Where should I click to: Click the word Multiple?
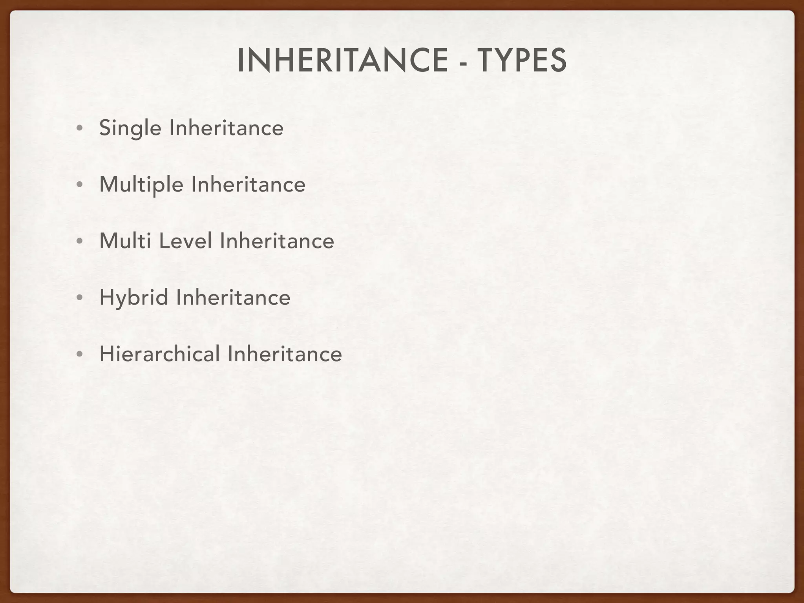[141, 185]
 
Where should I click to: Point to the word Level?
[185, 241]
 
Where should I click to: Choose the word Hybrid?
[134, 297]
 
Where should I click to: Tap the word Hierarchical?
[160, 354]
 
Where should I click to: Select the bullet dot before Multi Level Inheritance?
[80, 241]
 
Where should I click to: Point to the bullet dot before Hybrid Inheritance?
[80, 298]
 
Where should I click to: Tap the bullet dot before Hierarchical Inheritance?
[80, 354]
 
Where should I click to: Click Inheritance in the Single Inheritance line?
[226, 128]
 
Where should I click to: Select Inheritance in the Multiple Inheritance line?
[248, 185]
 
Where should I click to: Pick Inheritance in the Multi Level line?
[277, 241]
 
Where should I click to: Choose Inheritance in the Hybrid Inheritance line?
[233, 297]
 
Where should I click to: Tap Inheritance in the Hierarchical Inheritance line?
[285, 354]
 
